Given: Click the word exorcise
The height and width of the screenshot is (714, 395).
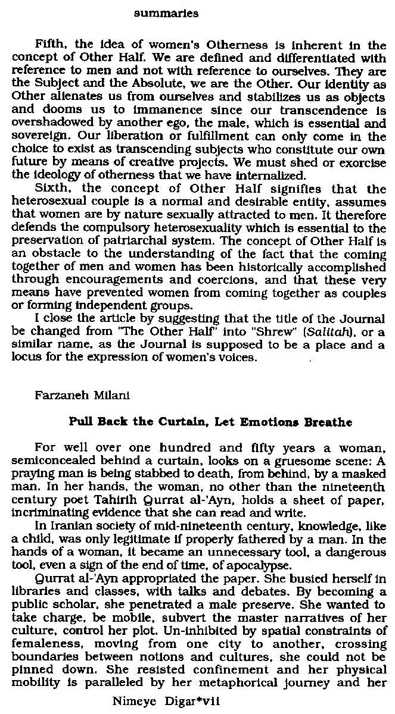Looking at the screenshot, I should (365, 164).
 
